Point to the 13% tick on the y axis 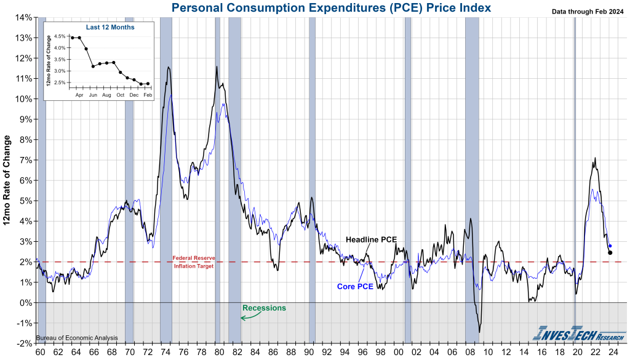(x=23, y=38)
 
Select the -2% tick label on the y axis (x=23, y=343)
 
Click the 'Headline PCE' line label (x=371, y=239)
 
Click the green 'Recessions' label (x=264, y=308)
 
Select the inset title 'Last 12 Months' (x=111, y=27)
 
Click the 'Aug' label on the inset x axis (x=106, y=95)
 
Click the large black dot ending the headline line (x=610, y=252)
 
